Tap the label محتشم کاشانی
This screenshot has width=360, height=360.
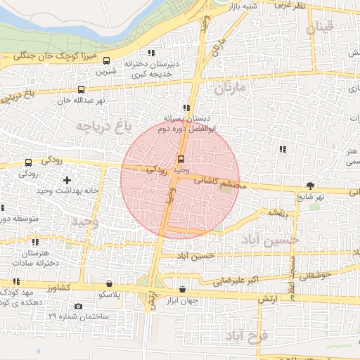(217, 184)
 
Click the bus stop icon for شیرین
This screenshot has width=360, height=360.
(107, 61)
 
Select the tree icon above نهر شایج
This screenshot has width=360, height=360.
(310, 186)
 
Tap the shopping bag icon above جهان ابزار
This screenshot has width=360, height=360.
(183, 288)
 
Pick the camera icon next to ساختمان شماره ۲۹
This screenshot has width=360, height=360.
(77, 306)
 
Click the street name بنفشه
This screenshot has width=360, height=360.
(275, 212)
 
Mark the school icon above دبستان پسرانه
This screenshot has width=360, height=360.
(186, 108)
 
